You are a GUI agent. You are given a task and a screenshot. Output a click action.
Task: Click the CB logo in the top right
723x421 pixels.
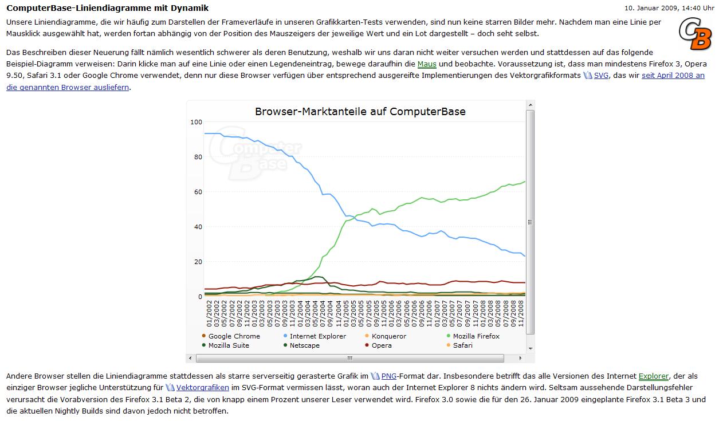click(x=696, y=34)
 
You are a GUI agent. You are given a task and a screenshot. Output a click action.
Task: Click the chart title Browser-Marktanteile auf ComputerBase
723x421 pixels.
click(x=360, y=112)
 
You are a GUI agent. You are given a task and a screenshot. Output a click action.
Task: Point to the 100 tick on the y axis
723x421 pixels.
click(x=197, y=122)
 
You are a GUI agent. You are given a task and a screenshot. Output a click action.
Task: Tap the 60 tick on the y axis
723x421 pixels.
click(x=198, y=192)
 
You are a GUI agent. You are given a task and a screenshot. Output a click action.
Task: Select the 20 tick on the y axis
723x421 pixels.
click(x=198, y=262)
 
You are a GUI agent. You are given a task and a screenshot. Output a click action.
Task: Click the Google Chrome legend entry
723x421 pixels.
click(x=234, y=336)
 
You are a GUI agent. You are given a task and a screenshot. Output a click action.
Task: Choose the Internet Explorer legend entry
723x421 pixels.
click(x=317, y=336)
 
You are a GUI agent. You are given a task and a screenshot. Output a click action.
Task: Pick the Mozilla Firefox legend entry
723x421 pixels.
click(x=476, y=336)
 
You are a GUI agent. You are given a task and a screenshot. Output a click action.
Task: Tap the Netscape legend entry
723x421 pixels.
click(x=304, y=345)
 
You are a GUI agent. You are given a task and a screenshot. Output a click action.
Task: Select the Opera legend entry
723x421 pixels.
click(x=382, y=345)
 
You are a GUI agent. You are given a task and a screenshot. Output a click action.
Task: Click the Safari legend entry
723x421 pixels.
click(x=462, y=345)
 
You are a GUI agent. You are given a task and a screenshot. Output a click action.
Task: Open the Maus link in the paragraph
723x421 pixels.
click(x=427, y=64)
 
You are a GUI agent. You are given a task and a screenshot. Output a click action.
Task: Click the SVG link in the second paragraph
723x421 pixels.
click(x=601, y=76)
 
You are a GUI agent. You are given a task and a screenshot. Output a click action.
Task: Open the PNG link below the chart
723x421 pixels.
click(x=389, y=376)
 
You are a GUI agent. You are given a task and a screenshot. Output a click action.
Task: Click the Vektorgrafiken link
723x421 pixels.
click(x=202, y=388)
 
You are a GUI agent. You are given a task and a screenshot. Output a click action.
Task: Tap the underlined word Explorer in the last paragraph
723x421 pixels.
click(x=653, y=376)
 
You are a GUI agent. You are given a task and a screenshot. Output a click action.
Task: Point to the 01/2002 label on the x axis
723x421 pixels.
click(x=209, y=313)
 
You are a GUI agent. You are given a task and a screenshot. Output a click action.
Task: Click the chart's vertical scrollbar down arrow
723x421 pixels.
click(x=531, y=348)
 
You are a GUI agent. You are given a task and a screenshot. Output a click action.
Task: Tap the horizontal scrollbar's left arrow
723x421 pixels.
click(x=191, y=359)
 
